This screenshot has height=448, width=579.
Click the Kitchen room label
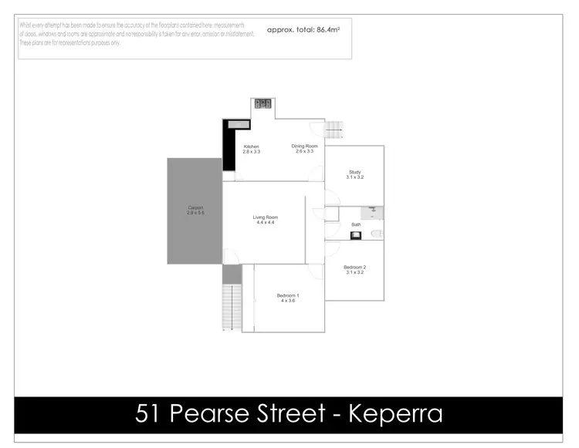click(x=251, y=147)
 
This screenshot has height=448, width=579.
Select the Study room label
click(x=354, y=172)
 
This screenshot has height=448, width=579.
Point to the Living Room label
click(x=265, y=217)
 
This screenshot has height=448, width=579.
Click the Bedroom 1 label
click(x=288, y=295)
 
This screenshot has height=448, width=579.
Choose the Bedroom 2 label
click(x=354, y=268)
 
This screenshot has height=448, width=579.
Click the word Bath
click(x=356, y=225)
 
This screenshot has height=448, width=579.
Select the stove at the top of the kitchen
click(x=262, y=103)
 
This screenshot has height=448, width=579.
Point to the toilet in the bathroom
click(x=377, y=234)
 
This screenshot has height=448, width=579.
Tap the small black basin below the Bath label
click(x=356, y=235)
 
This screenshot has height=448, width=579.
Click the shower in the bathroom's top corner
click(x=374, y=211)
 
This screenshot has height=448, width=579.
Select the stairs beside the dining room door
click(x=333, y=131)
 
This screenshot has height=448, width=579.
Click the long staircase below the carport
click(x=228, y=306)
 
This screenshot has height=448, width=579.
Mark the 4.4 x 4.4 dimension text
click(x=265, y=223)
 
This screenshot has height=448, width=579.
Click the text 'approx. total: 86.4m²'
click(x=303, y=29)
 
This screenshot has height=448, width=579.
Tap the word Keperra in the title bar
click(x=396, y=414)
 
